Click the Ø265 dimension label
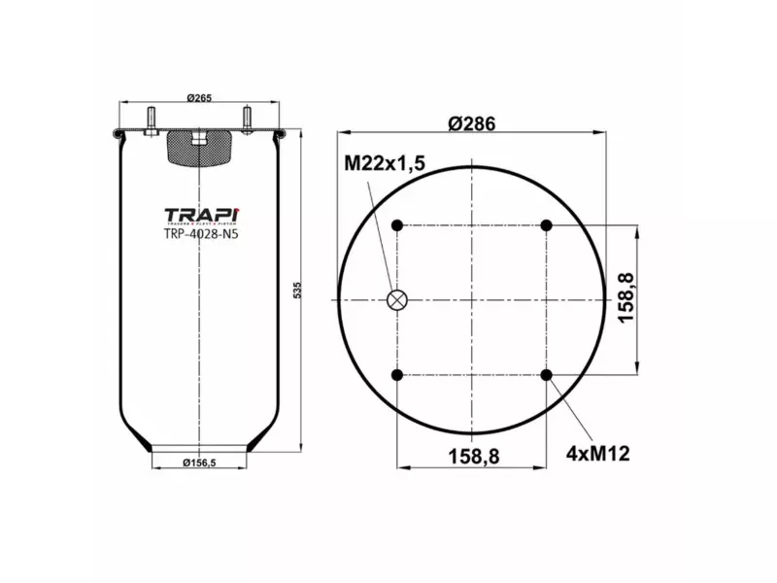199,97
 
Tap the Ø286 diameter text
472,123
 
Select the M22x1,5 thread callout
385,164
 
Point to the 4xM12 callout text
597,453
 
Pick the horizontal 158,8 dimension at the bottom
473,454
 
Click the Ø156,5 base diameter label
199,463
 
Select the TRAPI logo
200,215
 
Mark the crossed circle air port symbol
397,300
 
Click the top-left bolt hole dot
397,225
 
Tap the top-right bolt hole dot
547,225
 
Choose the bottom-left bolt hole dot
397,375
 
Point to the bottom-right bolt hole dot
547,375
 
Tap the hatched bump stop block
199,148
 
